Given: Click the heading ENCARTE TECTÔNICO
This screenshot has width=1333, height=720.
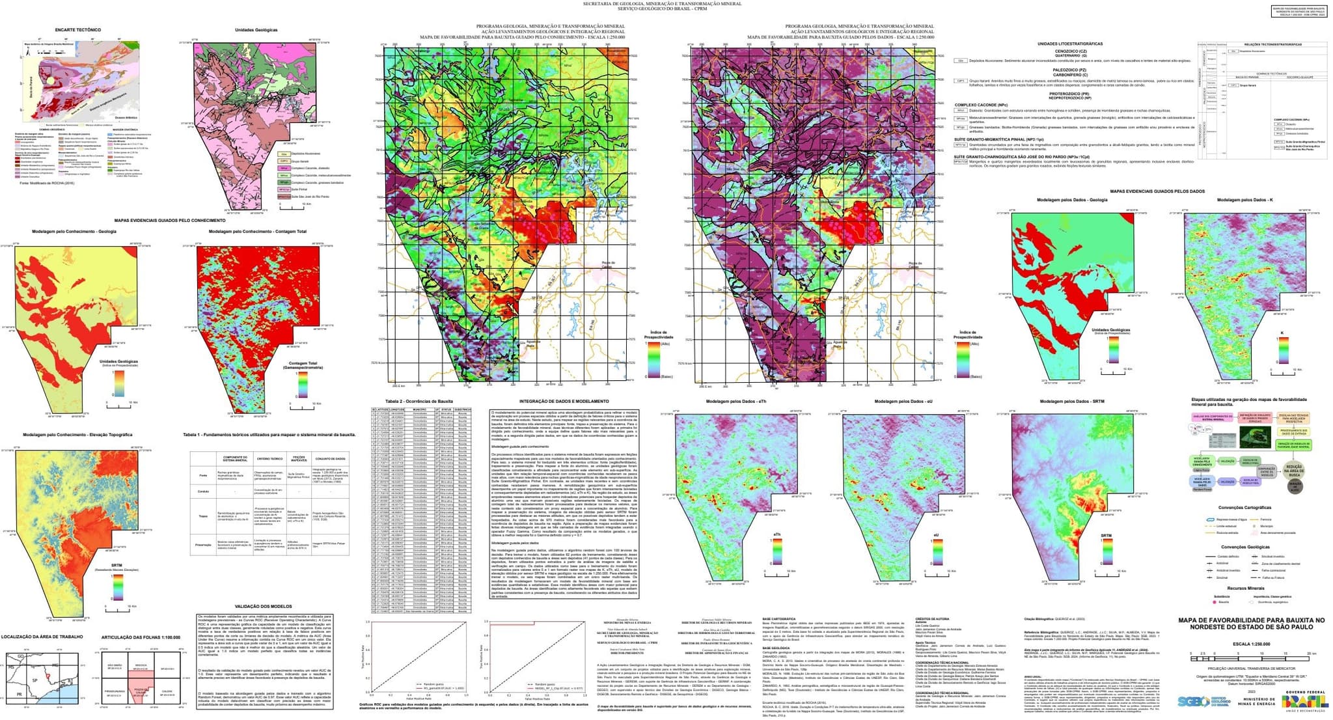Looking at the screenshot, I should pos(77,30).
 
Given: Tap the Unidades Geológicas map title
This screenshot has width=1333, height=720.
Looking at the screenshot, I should pos(256,30).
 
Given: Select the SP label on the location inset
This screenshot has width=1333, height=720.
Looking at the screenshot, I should pos(34,680).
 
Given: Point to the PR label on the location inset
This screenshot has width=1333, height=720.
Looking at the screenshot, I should pos(20,695).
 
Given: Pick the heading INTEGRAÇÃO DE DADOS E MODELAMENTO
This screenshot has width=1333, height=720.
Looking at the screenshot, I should pos(564,402).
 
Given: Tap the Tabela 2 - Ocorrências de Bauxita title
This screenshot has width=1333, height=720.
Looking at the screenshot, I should pos(419,402).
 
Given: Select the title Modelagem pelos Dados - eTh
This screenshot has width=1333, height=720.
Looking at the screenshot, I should pos(735,402).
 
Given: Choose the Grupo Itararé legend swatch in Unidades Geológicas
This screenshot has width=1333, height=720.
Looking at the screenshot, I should pos(284,161).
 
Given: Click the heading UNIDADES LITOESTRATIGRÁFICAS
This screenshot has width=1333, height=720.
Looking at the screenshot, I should pos(1070,44).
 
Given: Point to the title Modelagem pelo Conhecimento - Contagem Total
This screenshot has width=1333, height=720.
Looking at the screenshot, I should pos(257,232).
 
